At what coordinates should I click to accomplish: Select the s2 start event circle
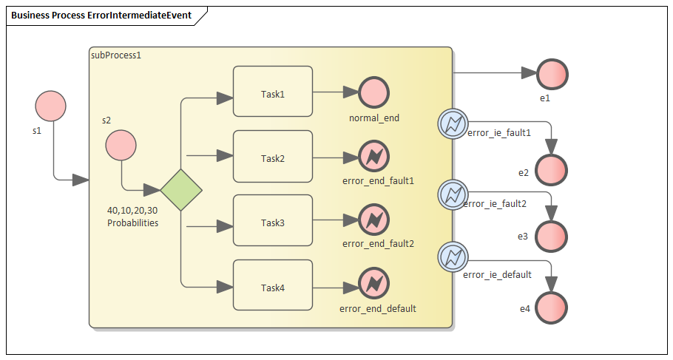(x=121, y=146)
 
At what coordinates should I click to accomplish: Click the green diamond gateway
(x=181, y=190)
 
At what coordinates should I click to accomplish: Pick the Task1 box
(x=272, y=92)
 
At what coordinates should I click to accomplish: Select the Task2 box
(x=272, y=156)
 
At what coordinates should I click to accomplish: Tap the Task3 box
(x=272, y=220)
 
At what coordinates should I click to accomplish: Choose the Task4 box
(x=272, y=285)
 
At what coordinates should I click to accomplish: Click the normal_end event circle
(x=373, y=92)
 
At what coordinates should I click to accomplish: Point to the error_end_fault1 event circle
(x=373, y=157)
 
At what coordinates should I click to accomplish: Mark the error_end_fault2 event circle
(x=373, y=220)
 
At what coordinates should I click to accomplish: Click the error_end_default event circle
(x=373, y=285)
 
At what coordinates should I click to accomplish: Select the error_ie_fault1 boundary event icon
(x=451, y=123)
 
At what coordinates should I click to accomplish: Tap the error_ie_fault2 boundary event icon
(x=451, y=194)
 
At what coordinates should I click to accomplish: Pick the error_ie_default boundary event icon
(x=451, y=257)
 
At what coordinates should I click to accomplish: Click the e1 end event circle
(x=552, y=74)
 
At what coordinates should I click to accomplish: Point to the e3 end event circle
(x=552, y=237)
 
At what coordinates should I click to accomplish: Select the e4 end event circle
(x=552, y=307)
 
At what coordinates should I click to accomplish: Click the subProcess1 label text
(x=115, y=55)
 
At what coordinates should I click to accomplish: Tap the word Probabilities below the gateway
(x=132, y=223)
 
